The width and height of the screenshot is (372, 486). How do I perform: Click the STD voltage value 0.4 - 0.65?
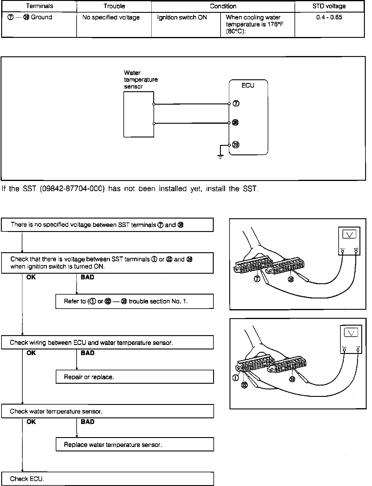tap(329, 17)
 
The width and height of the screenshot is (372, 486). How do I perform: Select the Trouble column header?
tap(114, 6)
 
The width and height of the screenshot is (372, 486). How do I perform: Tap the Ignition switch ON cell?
tap(182, 17)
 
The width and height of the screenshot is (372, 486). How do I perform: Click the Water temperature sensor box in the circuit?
tap(139, 114)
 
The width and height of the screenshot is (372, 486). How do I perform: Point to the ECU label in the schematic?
tap(248, 86)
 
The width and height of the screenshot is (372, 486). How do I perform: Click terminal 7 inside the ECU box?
tap(236, 104)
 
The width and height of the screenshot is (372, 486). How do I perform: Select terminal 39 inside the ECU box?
tap(236, 145)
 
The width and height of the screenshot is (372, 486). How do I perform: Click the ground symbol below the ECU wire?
tap(220, 157)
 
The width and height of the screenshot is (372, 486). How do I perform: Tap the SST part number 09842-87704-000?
tap(72, 189)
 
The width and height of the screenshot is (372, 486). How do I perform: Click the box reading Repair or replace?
tap(135, 377)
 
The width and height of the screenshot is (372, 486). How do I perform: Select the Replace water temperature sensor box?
tap(135, 445)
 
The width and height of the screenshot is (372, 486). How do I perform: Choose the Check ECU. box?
tap(107, 479)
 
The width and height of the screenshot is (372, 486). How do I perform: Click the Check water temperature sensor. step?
tap(107, 411)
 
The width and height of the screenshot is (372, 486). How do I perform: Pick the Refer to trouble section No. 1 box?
tap(134, 301)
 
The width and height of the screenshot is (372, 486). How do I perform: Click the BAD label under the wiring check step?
tap(87, 353)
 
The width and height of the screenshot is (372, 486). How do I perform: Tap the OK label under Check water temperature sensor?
tap(31, 422)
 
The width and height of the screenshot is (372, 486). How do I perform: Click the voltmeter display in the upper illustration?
tap(349, 235)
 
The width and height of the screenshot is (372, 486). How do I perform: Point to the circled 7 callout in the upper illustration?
tap(257, 279)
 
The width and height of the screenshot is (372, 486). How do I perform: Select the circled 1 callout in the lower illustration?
tap(235, 378)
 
